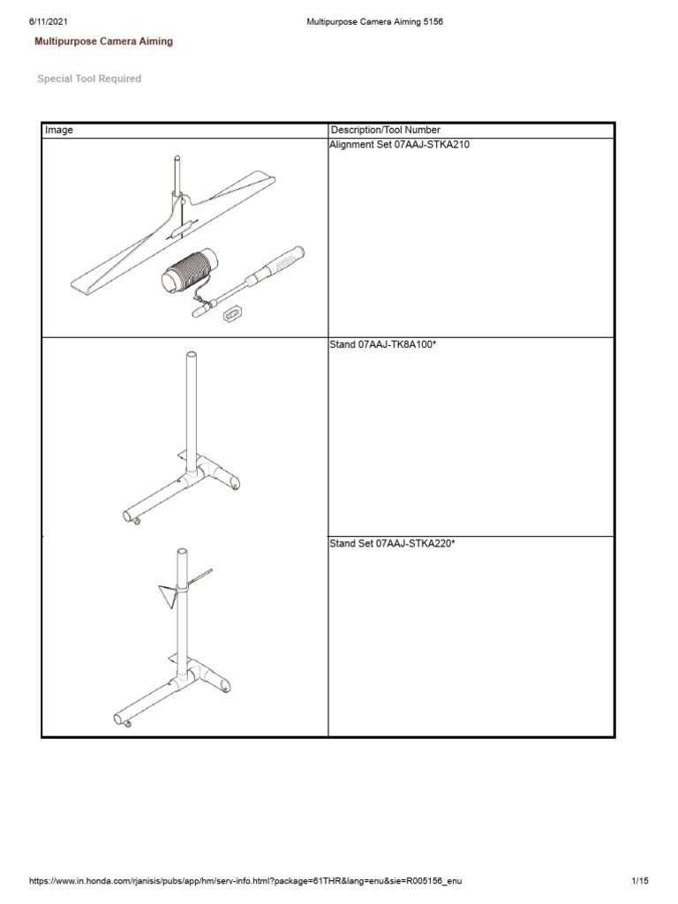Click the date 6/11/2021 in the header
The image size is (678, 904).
pos(47,22)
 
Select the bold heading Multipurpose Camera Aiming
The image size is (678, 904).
pos(103,41)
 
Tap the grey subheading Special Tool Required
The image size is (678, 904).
pos(89,79)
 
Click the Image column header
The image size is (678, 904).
pos(59,130)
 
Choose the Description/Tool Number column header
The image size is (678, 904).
pos(385,130)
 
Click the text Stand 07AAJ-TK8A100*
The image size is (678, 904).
pos(384,344)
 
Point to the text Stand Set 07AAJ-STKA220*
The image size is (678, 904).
pos(393,544)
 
